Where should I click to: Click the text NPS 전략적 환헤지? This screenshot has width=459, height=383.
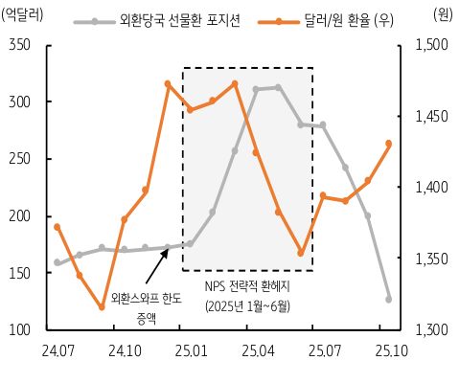pyautogui.click(x=247, y=286)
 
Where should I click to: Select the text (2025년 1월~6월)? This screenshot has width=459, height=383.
pyautogui.click(x=247, y=306)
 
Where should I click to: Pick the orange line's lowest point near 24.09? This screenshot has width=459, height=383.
pyautogui.click(x=102, y=307)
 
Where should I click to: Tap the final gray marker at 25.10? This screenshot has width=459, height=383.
pyautogui.click(x=388, y=299)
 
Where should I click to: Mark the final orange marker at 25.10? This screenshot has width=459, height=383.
pyautogui.click(x=388, y=144)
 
